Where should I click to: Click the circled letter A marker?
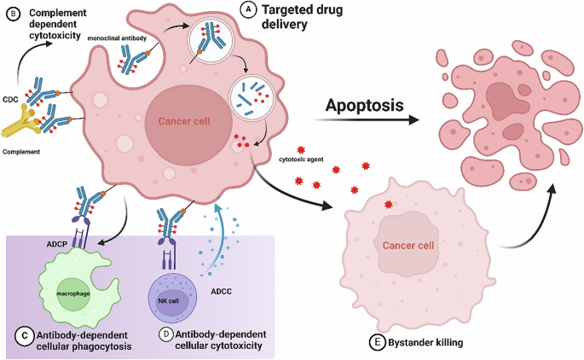pos(247,10)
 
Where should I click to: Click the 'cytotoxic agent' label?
pos(302,158)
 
